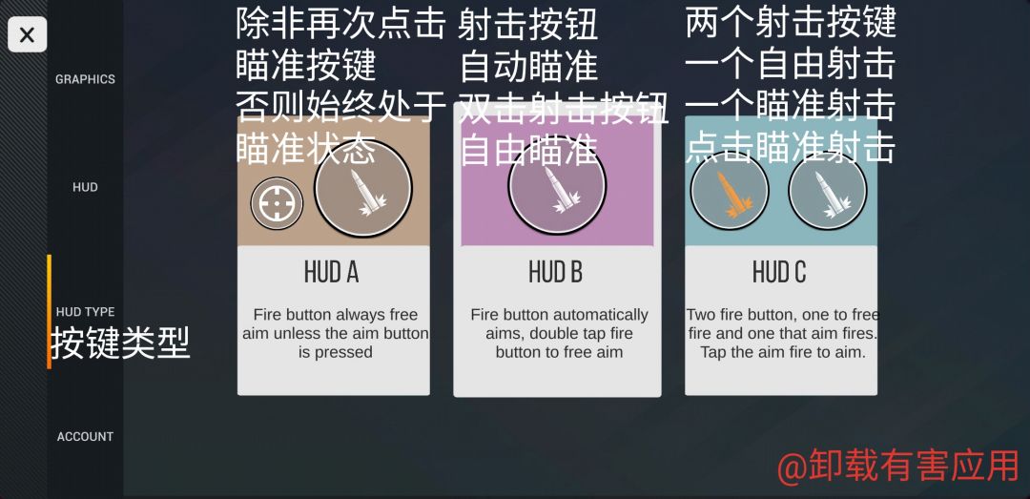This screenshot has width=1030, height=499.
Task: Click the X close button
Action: click(x=27, y=34)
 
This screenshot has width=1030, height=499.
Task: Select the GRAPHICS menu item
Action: click(x=85, y=79)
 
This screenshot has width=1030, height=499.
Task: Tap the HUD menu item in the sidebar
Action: click(x=85, y=187)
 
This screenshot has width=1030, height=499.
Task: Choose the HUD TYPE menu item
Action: click(x=85, y=312)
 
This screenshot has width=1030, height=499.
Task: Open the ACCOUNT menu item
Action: click(x=85, y=437)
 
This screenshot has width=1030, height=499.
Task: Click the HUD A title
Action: click(x=331, y=272)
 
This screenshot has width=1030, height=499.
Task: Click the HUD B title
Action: click(x=556, y=272)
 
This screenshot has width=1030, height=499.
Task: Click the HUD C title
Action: click(x=779, y=272)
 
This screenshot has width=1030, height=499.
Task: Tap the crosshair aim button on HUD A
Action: click(x=277, y=204)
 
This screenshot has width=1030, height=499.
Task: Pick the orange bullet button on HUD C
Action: click(x=730, y=191)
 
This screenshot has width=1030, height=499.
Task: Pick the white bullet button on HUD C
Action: click(x=828, y=191)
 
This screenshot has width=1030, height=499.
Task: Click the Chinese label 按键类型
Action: click(x=120, y=343)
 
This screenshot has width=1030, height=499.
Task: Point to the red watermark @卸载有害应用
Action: click(x=897, y=467)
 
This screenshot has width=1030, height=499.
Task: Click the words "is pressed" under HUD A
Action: click(x=335, y=352)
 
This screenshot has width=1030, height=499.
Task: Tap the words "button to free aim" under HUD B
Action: click(x=559, y=352)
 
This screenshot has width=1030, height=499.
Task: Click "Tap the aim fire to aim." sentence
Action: click(x=783, y=352)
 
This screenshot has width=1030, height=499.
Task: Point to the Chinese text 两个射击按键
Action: click(x=791, y=22)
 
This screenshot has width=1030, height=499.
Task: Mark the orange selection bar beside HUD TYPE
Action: click(x=49, y=312)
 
